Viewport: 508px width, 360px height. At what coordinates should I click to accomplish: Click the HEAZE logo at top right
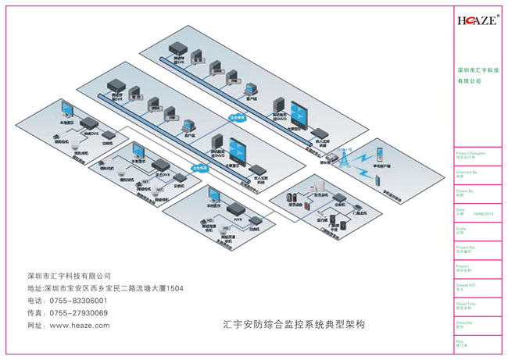(x=477, y=21)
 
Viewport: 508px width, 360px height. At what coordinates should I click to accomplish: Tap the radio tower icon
(x=342, y=158)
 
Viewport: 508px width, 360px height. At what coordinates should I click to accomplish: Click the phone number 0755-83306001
(x=78, y=301)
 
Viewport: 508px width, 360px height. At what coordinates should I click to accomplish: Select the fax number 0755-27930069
(x=78, y=312)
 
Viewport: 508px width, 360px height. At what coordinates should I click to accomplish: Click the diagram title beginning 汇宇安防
(x=295, y=322)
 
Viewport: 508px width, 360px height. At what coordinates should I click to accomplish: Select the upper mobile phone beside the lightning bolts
(x=378, y=149)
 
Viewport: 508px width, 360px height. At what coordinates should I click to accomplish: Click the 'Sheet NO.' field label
(x=467, y=285)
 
